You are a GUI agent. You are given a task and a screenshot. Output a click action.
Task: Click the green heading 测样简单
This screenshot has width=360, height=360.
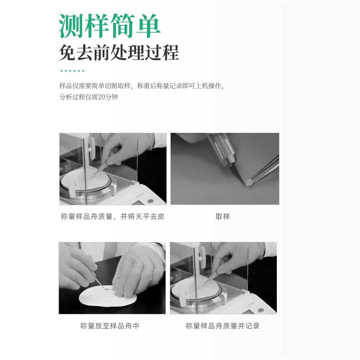[x=109, y=26]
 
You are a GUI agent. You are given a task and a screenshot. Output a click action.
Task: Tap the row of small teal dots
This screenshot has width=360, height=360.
[x=72, y=71]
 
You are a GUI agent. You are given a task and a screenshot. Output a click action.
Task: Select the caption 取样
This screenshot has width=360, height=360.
[x=222, y=216]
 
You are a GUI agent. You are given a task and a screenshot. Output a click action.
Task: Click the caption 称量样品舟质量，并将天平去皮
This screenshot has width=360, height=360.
[x=113, y=216]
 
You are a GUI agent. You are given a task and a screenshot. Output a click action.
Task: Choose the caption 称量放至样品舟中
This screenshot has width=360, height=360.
[x=110, y=326]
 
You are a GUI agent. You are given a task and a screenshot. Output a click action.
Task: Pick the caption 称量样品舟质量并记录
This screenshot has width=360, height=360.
[x=222, y=326]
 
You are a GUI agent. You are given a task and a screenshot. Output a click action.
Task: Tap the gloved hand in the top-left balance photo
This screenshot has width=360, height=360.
[x=122, y=148]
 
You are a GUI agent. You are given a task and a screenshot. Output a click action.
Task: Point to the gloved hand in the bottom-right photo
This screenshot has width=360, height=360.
[x=234, y=257]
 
